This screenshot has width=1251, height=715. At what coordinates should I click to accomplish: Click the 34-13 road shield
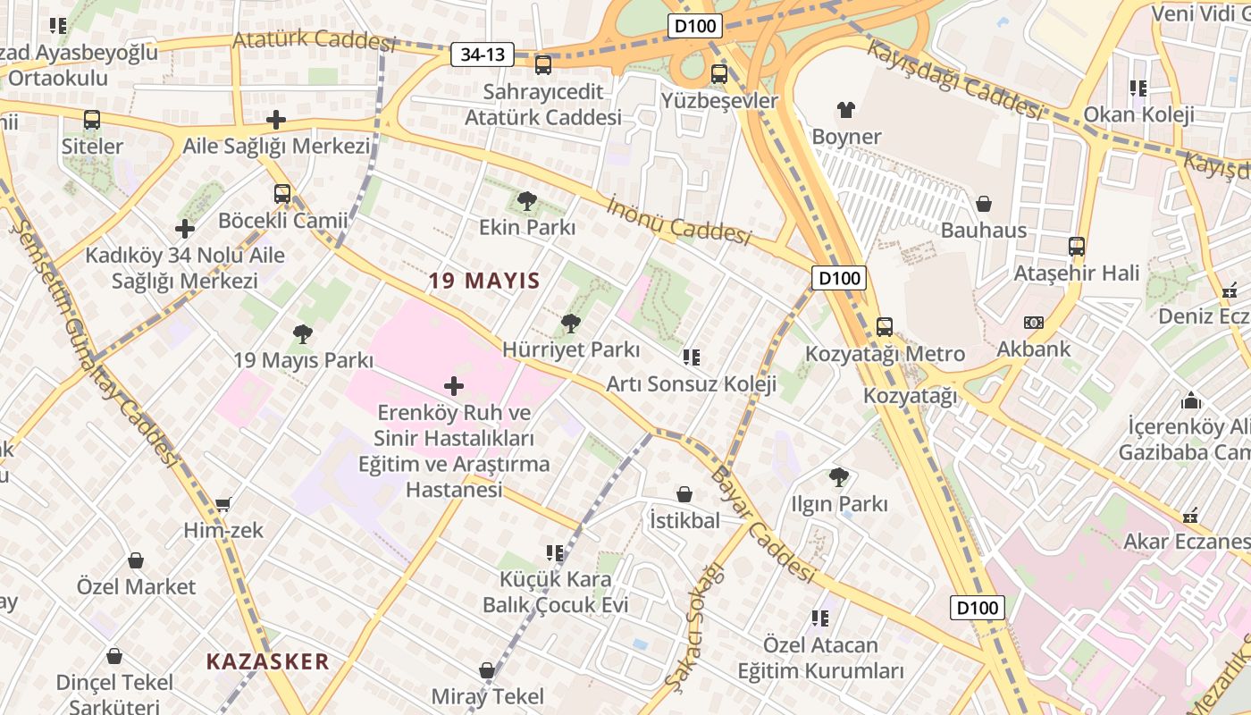point(483,55)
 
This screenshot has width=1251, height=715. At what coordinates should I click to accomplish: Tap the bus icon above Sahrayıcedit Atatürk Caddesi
point(543,65)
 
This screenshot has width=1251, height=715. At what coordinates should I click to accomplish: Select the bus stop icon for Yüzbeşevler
point(719,74)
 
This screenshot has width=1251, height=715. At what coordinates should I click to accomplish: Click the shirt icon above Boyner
point(846,110)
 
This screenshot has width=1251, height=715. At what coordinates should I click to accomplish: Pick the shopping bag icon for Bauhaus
point(984,204)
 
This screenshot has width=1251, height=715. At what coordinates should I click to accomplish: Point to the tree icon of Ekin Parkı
point(527,201)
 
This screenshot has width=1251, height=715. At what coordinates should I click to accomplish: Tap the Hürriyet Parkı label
point(571,349)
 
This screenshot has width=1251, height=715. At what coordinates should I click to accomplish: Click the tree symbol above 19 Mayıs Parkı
point(303,334)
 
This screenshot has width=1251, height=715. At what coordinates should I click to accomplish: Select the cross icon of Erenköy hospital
point(454,386)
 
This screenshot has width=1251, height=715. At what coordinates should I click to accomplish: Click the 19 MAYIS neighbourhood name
point(484,281)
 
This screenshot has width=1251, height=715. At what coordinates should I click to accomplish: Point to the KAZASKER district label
point(268,662)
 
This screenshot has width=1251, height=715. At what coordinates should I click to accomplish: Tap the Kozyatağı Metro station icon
point(885,327)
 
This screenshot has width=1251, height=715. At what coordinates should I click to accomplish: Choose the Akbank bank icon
point(1034,323)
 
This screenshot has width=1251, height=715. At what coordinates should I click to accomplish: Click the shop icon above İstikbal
point(684,494)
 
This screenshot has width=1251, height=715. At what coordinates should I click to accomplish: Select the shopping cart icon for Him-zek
point(223,504)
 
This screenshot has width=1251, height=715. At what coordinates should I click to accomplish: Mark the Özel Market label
point(136,587)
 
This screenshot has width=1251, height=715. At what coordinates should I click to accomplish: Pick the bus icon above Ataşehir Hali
point(1077,247)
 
